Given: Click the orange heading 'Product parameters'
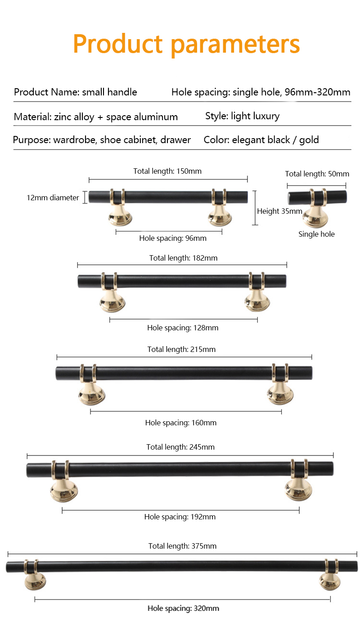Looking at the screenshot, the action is tap(186, 45).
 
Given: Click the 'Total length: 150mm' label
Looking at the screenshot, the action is tap(167, 171).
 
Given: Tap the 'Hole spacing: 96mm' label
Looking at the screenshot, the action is tap(173, 239).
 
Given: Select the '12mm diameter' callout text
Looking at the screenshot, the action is tap(53, 198).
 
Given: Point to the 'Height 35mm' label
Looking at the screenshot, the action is tap(279, 211).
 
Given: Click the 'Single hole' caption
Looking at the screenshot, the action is tap(316, 234).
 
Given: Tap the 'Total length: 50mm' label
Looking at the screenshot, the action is tap(317, 174).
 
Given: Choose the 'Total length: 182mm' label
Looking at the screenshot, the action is tap(183, 258).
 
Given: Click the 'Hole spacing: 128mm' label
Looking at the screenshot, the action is tap(183, 328).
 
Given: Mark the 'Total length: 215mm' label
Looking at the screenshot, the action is tap(181, 350).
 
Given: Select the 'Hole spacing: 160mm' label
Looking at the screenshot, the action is tap(181, 423).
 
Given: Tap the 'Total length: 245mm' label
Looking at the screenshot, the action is tap(180, 447).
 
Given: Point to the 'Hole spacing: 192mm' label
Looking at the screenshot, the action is tap(180, 517).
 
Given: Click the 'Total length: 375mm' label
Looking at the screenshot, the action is tap(182, 546).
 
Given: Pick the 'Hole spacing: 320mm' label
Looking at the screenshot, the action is tap(183, 608).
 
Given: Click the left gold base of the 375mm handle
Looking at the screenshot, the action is tap(35, 581).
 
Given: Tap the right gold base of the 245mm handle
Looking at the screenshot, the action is tap(299, 490).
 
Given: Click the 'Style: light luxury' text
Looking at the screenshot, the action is tap(242, 116).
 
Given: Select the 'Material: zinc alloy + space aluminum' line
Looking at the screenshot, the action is tap(96, 117).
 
